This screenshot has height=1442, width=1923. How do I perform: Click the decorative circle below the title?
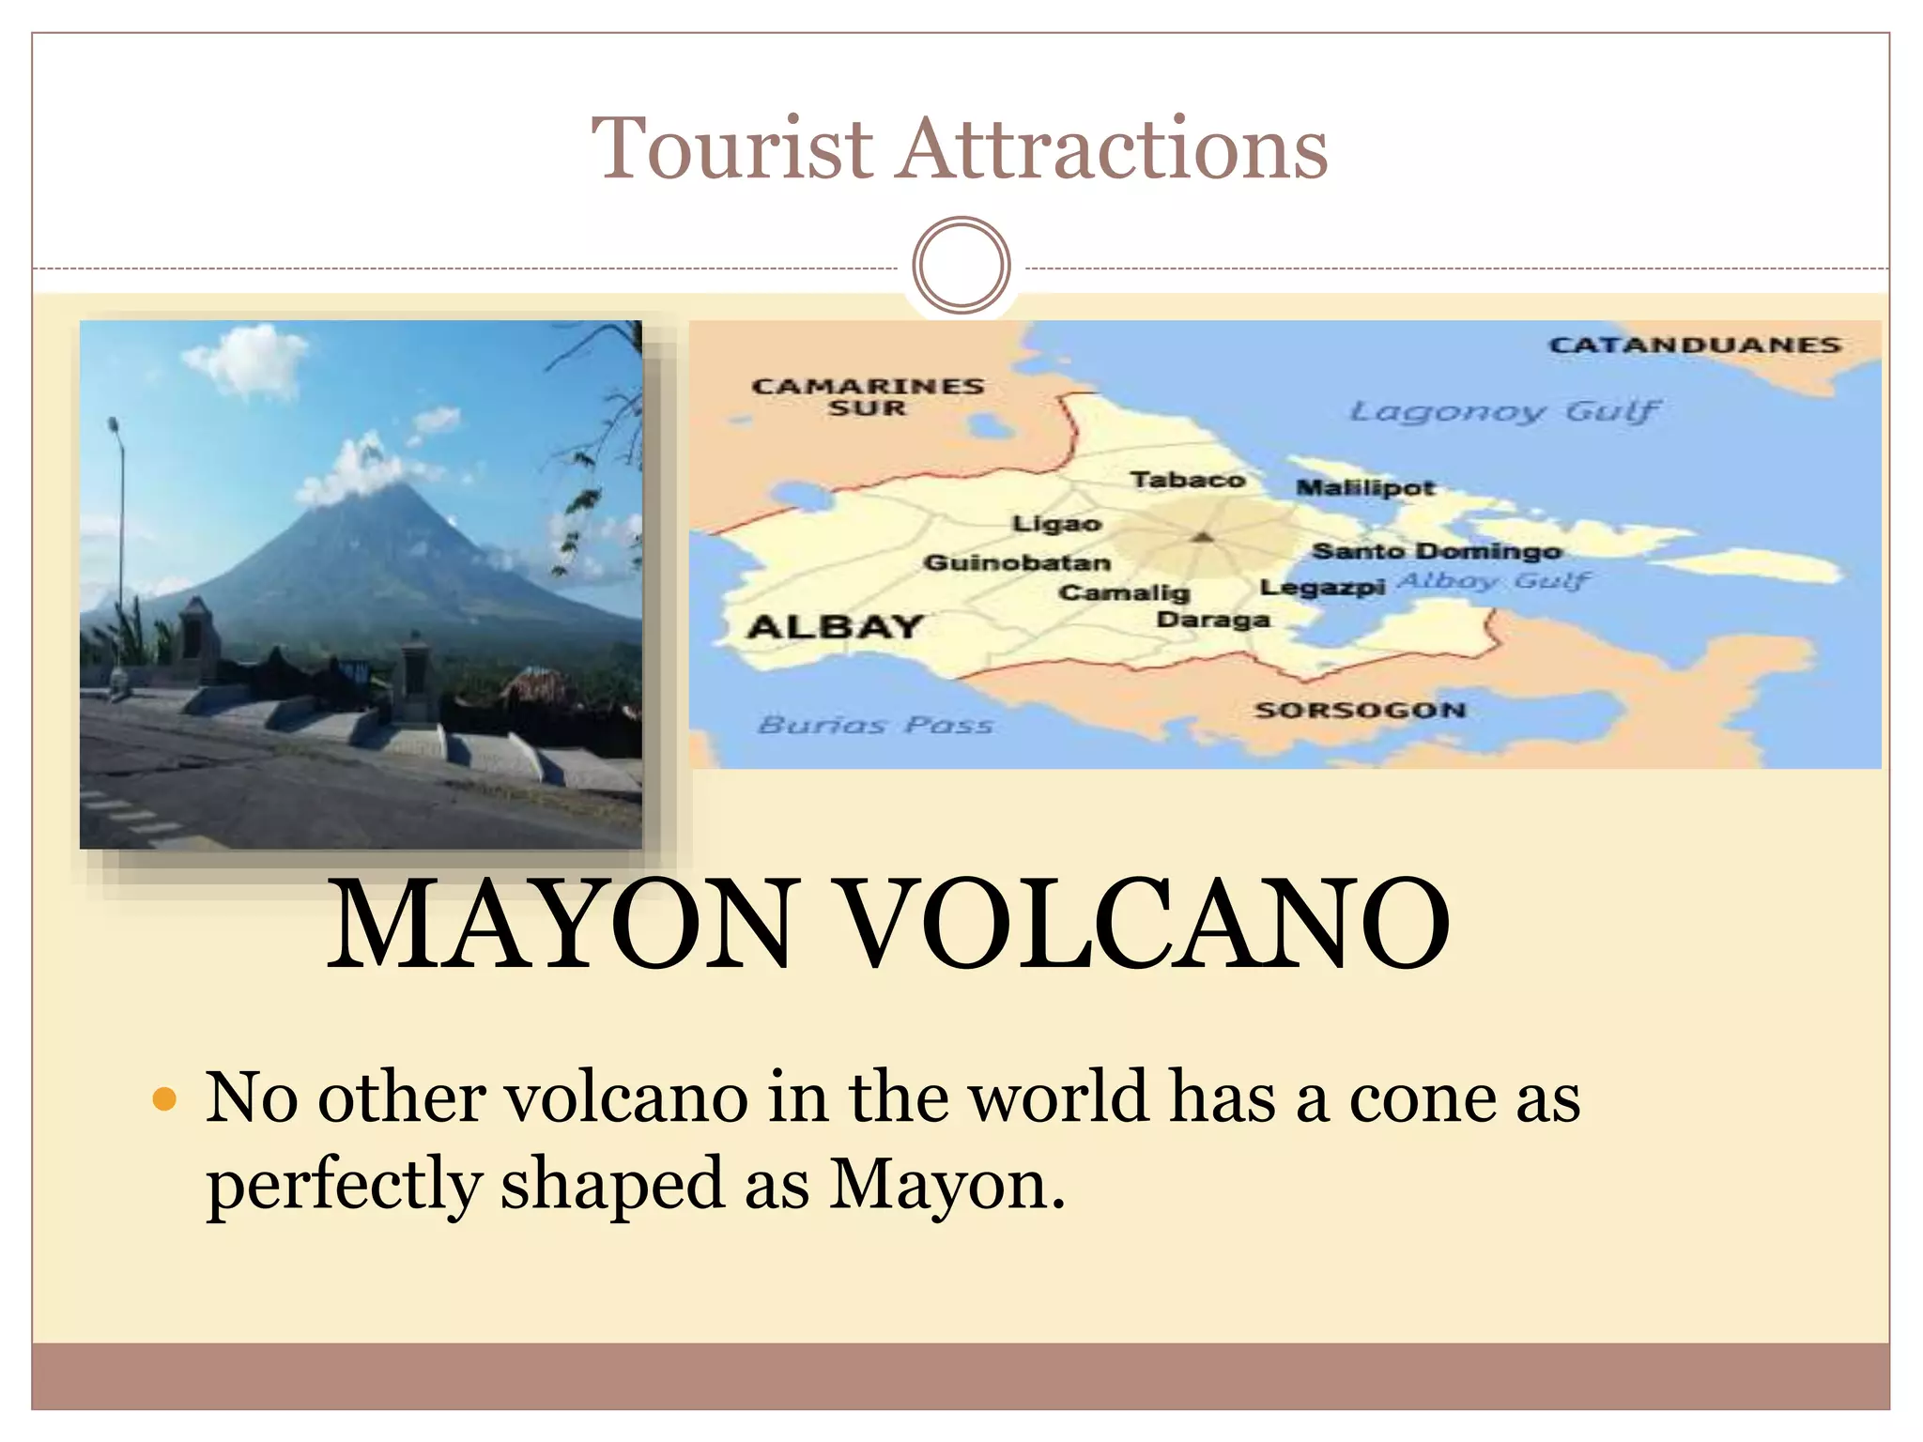coord(961,265)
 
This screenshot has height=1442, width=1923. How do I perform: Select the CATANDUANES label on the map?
coord(1695,345)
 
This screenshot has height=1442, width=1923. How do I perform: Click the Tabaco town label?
coord(1188,480)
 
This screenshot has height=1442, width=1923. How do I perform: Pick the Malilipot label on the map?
coord(1365,487)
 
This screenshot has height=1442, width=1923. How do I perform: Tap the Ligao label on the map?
coord(1056,524)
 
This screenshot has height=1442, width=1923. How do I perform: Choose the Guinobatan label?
coord(1017,562)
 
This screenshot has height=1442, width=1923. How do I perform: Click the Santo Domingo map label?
coord(1436,551)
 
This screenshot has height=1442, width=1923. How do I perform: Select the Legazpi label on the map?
coord(1322,588)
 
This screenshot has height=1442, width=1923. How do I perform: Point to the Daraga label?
coord(1213,620)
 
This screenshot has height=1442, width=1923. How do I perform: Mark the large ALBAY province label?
coord(835,626)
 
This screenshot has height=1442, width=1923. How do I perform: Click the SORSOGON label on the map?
coord(1361,710)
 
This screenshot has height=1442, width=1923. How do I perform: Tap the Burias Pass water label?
coord(875,725)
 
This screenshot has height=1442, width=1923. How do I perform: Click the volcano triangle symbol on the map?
coord(1203,537)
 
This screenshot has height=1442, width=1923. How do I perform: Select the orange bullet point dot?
coord(164,1098)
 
